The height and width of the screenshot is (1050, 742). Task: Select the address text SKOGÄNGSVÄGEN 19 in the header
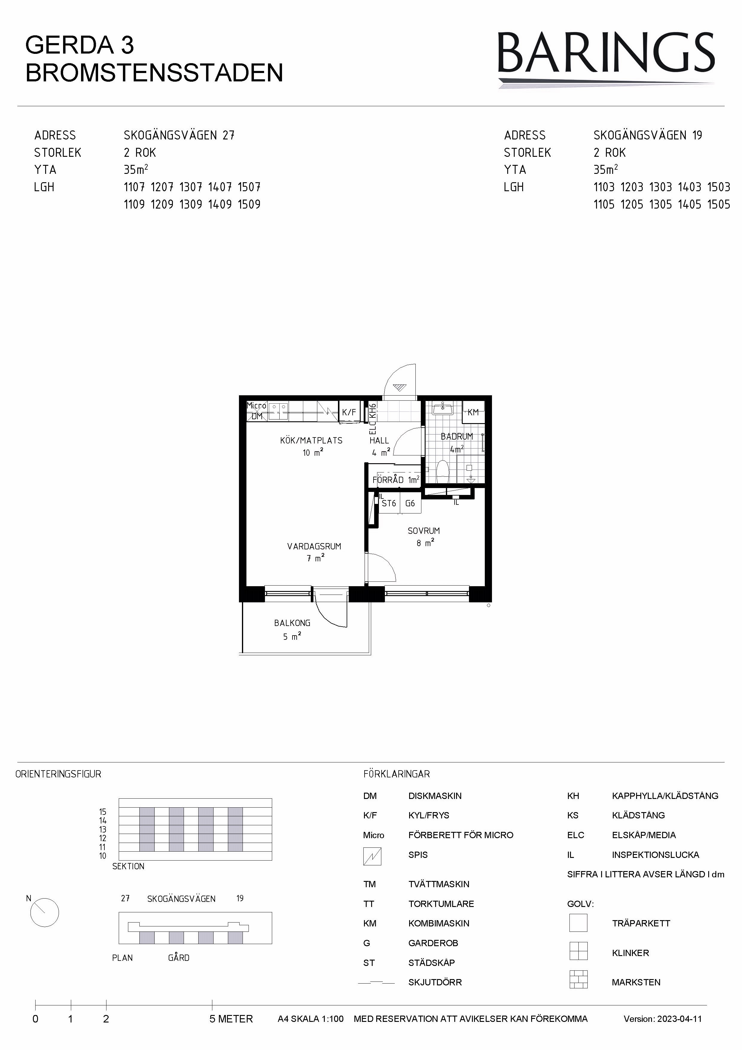click(647, 135)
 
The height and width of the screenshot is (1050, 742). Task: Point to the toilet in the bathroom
click(442, 471)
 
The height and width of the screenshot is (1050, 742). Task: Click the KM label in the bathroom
click(473, 412)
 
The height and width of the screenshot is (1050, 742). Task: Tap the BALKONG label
click(292, 623)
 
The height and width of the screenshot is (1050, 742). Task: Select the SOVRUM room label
click(424, 531)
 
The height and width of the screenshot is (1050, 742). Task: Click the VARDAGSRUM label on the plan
click(314, 546)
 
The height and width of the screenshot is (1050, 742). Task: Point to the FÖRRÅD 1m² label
click(395, 480)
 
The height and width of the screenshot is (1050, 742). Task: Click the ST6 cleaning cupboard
click(389, 503)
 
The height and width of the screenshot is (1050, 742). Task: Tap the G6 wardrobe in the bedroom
click(410, 503)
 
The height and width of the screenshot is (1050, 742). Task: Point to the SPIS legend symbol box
click(372, 856)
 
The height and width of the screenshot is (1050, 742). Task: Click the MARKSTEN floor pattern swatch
click(578, 980)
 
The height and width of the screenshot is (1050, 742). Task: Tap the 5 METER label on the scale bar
click(231, 1019)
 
